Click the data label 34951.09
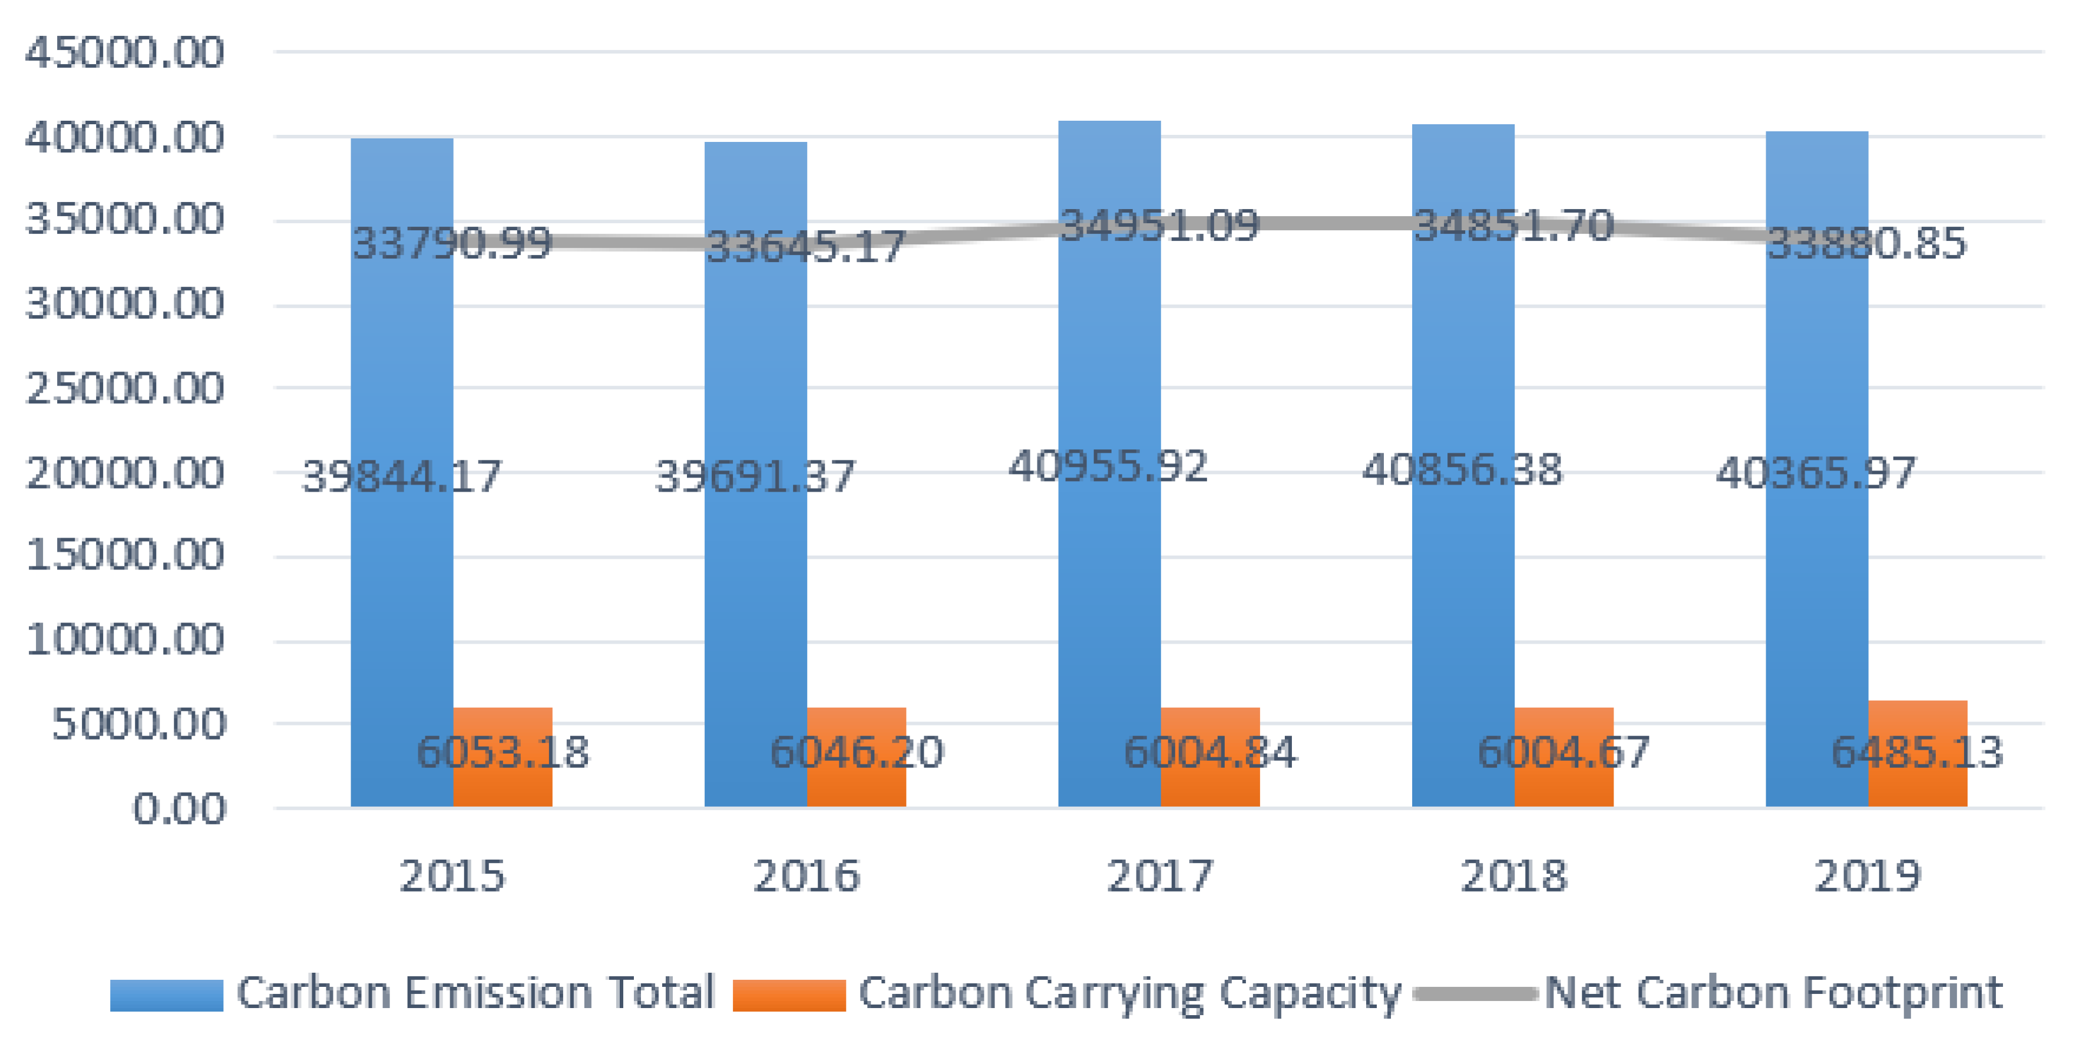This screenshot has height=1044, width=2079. (x=1159, y=225)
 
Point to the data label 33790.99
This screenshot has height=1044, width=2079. (x=452, y=243)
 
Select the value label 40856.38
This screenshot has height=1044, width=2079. (x=1462, y=469)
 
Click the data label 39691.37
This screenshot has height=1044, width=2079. (x=755, y=476)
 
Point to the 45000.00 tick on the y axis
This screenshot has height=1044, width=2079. (x=124, y=53)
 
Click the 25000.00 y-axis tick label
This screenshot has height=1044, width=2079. (x=124, y=389)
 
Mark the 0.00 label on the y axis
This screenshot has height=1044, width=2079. (x=179, y=809)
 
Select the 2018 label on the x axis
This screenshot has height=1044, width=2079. (x=1513, y=876)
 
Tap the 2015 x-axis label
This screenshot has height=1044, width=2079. (x=452, y=876)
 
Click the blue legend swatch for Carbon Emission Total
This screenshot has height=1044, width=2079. (x=166, y=995)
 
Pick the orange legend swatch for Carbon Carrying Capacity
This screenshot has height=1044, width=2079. (x=788, y=995)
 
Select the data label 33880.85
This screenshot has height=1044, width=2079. (x=1866, y=243)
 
